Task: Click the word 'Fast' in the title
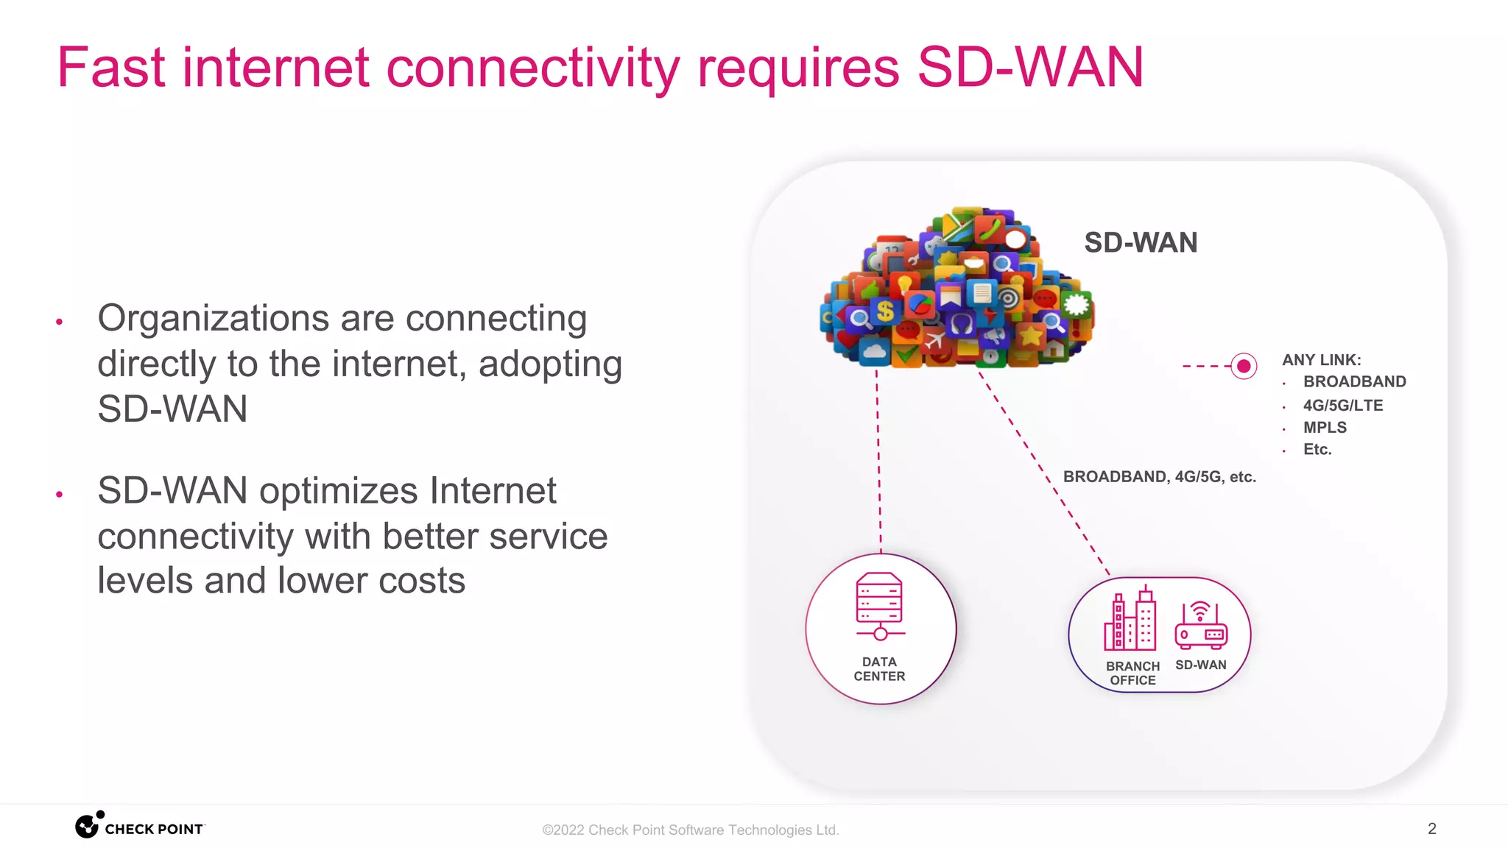111,68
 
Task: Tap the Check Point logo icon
88,826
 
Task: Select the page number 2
1431,829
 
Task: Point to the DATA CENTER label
879,669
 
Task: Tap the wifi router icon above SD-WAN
1201,625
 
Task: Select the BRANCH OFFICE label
1132,673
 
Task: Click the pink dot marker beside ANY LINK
1244,366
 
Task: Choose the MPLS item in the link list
1325,428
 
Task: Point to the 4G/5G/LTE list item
1343,406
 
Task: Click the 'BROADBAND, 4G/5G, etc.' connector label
1159,477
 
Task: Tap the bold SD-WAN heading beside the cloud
1141,243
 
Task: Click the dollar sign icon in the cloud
885,311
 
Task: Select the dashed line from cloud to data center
878,464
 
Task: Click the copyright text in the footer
691,830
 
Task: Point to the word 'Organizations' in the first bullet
214,319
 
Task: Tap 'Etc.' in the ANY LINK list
1317,450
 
